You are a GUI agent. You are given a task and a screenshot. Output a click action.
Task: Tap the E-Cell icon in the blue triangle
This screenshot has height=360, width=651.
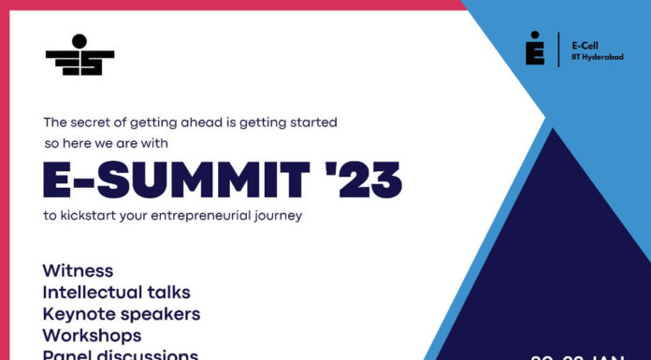click(x=534, y=48)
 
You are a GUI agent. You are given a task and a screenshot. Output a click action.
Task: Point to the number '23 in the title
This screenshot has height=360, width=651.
click(x=363, y=180)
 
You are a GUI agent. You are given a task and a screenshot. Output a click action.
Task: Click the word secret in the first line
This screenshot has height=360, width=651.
click(x=100, y=122)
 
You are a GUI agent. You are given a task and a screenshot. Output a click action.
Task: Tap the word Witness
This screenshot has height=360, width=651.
click(x=78, y=270)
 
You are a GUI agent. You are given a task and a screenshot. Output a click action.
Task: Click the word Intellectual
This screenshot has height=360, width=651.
click(x=92, y=292)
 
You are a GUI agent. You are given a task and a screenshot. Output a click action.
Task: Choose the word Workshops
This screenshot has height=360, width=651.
click(x=92, y=335)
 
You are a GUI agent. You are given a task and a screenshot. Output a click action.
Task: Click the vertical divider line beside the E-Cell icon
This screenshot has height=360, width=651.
click(x=558, y=49)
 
